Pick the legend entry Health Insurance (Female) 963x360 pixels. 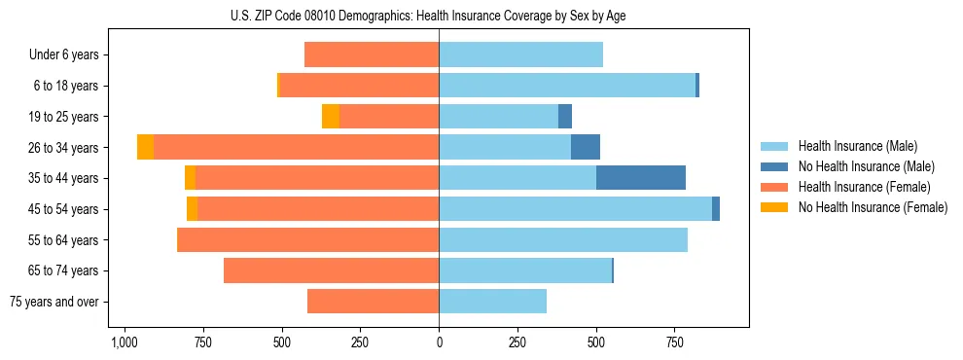855,187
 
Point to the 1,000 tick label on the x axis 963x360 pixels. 124,343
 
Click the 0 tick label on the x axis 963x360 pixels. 439,343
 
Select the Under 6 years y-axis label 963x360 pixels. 64,55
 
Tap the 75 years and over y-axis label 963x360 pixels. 54,302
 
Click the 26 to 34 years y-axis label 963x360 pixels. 65,148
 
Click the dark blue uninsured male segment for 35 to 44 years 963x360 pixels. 641,178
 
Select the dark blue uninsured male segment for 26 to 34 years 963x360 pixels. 586,147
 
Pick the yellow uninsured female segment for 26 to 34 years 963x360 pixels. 145,147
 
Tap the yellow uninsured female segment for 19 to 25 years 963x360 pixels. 331,117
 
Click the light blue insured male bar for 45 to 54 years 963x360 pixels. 575,209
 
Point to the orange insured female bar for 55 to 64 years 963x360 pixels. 308,240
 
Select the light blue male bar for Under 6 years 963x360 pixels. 520,55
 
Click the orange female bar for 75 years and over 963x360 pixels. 373,302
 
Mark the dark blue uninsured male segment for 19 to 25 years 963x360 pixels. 565,117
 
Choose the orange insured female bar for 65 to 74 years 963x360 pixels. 331,270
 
